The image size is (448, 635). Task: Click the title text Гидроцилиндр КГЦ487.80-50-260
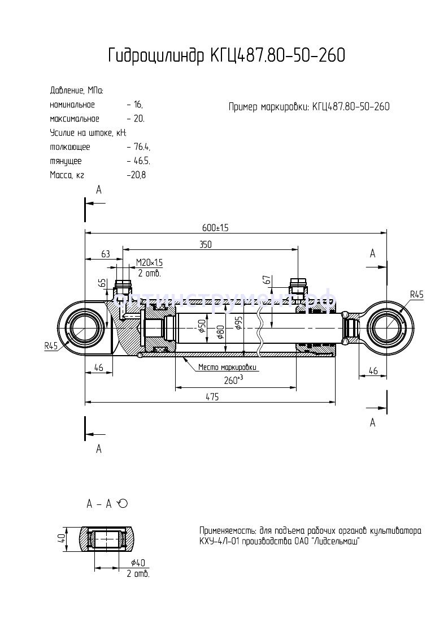coord(226,56)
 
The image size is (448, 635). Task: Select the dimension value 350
coord(205,244)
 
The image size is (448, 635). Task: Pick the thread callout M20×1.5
coord(149,262)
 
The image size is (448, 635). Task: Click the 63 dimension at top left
coord(106,254)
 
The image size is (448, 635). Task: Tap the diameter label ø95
coord(239,323)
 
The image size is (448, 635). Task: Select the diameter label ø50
coord(202,327)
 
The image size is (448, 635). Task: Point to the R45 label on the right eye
coord(416,294)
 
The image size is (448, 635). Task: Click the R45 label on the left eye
coord(52,347)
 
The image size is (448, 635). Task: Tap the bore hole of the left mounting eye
coord(85,328)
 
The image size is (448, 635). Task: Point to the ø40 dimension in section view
coord(139,563)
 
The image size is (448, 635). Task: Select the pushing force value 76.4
coord(140,147)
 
